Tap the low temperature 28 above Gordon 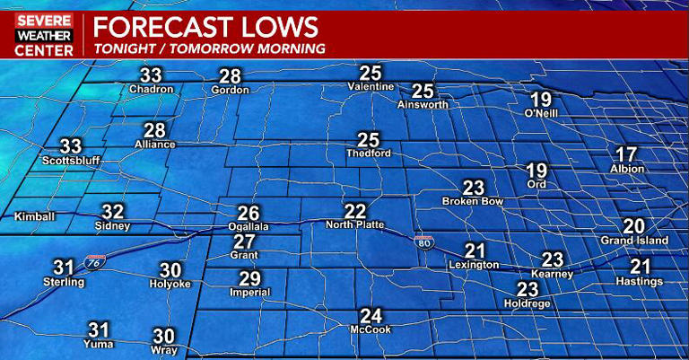[x=231, y=76]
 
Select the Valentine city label [x=371, y=86]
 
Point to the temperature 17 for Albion [x=626, y=154]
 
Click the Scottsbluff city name [x=70, y=161]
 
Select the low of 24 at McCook [x=371, y=316]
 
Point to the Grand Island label [x=634, y=241]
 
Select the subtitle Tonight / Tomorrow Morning [x=209, y=48]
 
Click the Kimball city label [x=35, y=216]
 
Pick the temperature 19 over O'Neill [x=540, y=100]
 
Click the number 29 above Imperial [x=249, y=278]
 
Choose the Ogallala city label [x=248, y=227]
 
